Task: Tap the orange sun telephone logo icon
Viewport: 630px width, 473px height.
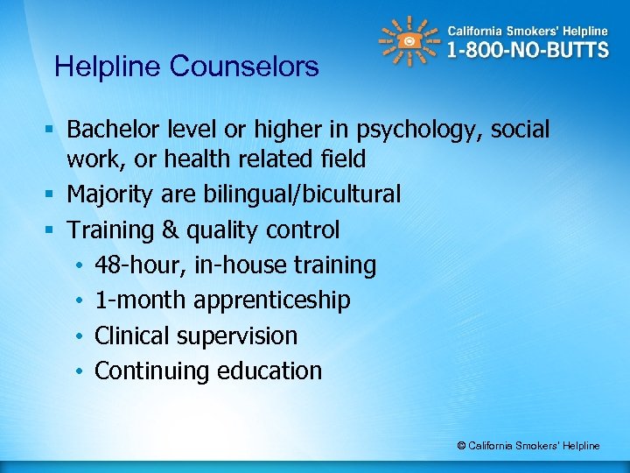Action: (x=409, y=41)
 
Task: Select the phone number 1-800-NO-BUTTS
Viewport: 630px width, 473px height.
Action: (x=528, y=50)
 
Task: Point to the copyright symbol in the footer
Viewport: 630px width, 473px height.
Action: (x=461, y=446)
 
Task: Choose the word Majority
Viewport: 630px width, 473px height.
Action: (x=113, y=194)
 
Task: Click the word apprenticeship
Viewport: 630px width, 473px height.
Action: (x=272, y=300)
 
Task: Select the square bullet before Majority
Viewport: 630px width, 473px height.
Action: (x=55, y=194)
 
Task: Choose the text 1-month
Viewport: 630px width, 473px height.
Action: (x=141, y=300)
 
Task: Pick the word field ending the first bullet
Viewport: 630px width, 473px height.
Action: (x=344, y=159)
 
